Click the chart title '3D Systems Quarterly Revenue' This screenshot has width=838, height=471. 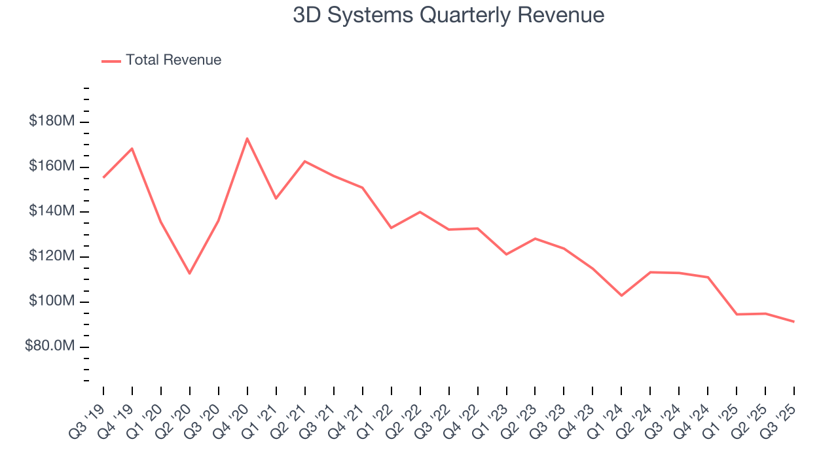coord(448,15)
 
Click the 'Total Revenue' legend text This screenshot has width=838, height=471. coord(173,60)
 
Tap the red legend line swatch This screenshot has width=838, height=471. coord(111,61)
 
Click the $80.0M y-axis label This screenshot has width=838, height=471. coord(50,346)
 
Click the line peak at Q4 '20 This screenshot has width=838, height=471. coord(247,138)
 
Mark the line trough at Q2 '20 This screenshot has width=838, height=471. coord(190,273)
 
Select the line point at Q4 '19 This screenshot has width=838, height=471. coord(132,148)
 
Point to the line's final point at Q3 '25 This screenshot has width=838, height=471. coord(794,321)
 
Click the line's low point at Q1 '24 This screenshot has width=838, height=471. coord(621,296)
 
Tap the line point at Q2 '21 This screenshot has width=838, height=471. coord(305,161)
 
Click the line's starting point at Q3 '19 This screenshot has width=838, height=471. coord(103,177)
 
